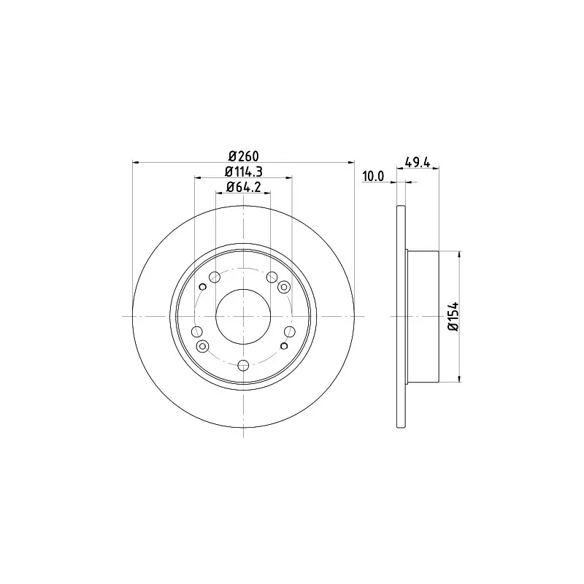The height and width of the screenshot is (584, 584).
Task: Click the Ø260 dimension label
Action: pos(244,155)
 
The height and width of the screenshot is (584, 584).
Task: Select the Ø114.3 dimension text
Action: pos(244,172)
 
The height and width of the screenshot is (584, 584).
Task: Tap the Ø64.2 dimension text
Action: pos(244,187)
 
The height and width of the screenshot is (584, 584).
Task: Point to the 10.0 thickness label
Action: pos(373,176)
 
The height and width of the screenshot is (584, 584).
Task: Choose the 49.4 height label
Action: pos(418,163)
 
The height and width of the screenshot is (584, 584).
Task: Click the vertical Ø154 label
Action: pos(454,317)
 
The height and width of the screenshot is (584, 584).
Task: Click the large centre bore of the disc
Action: pos(243,317)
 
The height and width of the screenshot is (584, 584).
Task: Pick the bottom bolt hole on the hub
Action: pos(243,366)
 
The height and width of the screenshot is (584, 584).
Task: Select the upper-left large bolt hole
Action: pos(215,277)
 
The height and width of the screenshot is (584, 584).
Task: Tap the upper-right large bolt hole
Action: pos(272,277)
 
